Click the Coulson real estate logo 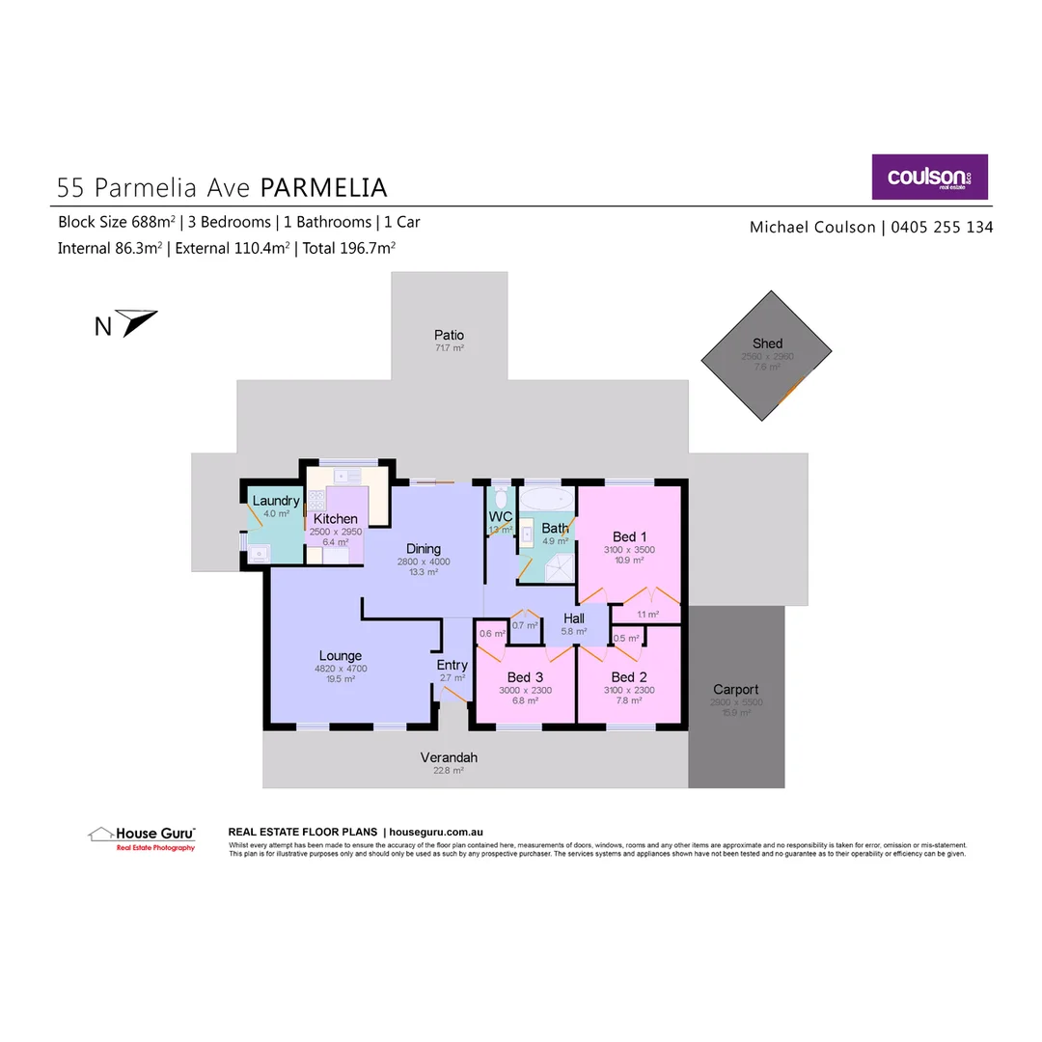coord(929,177)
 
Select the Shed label coord(767,343)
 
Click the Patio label coord(449,335)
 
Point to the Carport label coord(735,689)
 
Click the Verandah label coord(449,757)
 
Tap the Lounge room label coord(340,656)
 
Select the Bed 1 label coord(630,536)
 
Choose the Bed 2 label coord(628,676)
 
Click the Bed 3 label coord(525,676)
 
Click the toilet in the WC coord(500,500)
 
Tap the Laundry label coord(276,501)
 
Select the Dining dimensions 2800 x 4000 coord(424,562)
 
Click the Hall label coord(574,618)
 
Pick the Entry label coord(452,665)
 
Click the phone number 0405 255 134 coord(941,228)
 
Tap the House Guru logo coord(142,836)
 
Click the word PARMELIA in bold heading coord(324,186)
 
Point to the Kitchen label coord(335,519)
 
